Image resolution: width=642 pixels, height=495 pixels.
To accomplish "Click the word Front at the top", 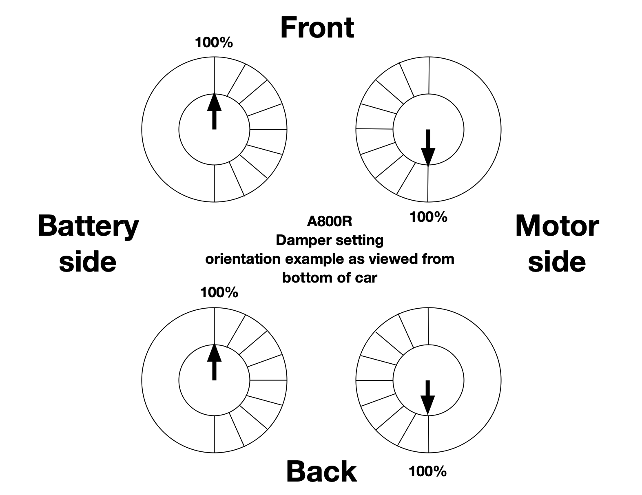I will tap(317, 28).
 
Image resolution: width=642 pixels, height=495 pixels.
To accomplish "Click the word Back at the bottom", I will tap(321, 471).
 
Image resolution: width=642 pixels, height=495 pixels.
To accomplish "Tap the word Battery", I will tap(88, 227).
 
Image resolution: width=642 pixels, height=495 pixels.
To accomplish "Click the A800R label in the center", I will tap(330, 221).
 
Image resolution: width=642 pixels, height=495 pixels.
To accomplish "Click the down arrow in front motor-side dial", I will tap(428, 147).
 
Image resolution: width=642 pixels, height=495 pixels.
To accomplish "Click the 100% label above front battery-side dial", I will tap(214, 42).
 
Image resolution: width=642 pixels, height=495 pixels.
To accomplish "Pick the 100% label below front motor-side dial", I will tap(428, 217).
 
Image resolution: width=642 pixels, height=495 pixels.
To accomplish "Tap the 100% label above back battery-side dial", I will tap(219, 292).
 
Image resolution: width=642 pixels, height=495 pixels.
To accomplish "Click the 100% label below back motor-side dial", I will tap(427, 472).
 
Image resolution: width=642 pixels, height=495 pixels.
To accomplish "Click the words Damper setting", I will tap(330, 240).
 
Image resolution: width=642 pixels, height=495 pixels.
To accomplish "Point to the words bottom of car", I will tap(330, 278).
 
